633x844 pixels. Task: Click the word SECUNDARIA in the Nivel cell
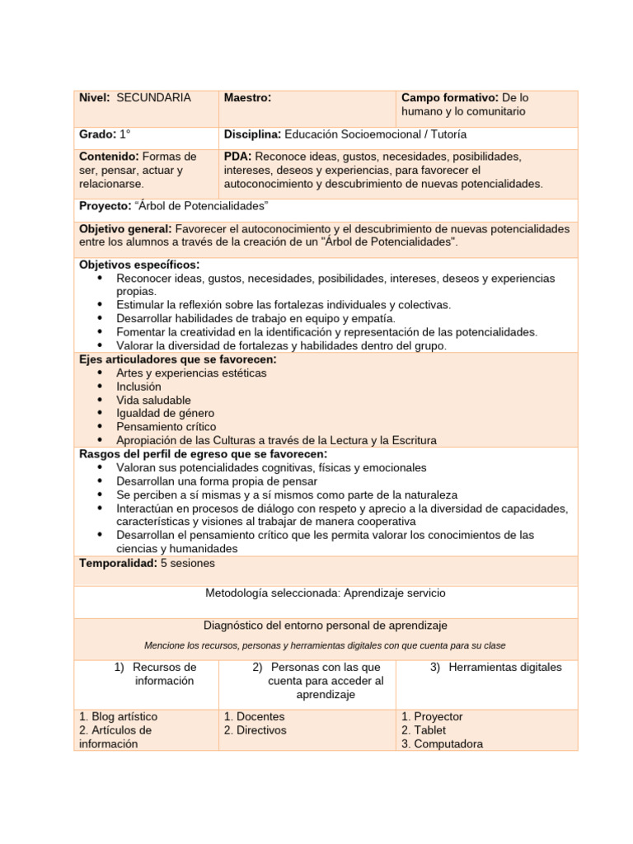tap(153, 98)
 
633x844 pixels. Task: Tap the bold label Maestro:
tap(247, 98)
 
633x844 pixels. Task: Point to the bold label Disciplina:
tap(252, 134)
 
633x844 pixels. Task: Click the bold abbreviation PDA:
tap(238, 157)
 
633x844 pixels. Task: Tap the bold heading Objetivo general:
tap(125, 228)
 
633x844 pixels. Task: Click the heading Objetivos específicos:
tap(139, 265)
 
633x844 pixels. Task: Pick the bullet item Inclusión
tap(138, 387)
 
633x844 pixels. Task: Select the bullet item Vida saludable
tap(153, 400)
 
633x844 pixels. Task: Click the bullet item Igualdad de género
tap(165, 413)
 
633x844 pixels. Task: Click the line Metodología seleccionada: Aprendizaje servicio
tap(325, 593)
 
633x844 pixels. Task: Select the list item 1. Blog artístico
tap(118, 717)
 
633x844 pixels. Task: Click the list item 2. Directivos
tap(255, 730)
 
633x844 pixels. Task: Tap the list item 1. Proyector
tap(432, 717)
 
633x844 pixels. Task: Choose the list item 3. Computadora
tap(442, 743)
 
